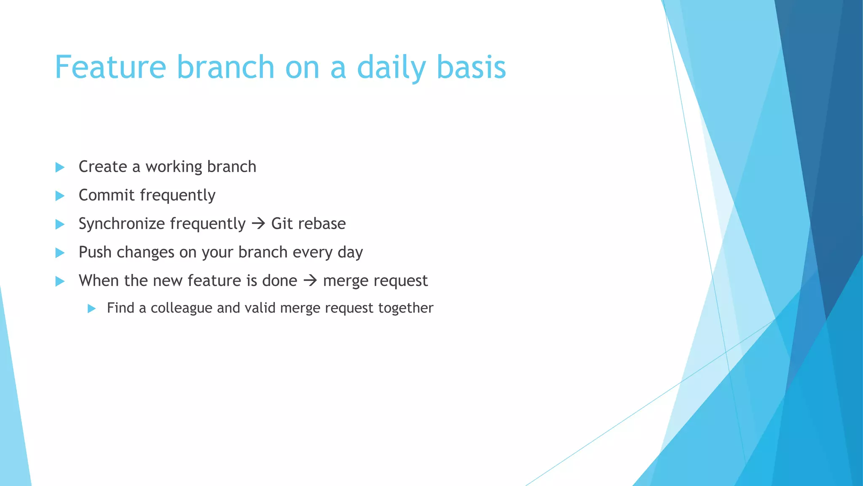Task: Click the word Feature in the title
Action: coord(110,67)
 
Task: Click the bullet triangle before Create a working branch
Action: coord(60,167)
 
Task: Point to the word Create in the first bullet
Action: coord(102,167)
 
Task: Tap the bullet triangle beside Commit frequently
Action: coord(60,196)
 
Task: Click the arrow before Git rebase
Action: coord(258,223)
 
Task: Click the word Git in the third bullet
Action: coord(281,224)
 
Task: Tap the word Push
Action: coord(95,252)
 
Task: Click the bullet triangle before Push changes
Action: coord(60,253)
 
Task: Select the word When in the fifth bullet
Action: coord(99,281)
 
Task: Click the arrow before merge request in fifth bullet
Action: coord(310,280)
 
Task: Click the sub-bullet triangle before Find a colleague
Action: coord(91,308)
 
